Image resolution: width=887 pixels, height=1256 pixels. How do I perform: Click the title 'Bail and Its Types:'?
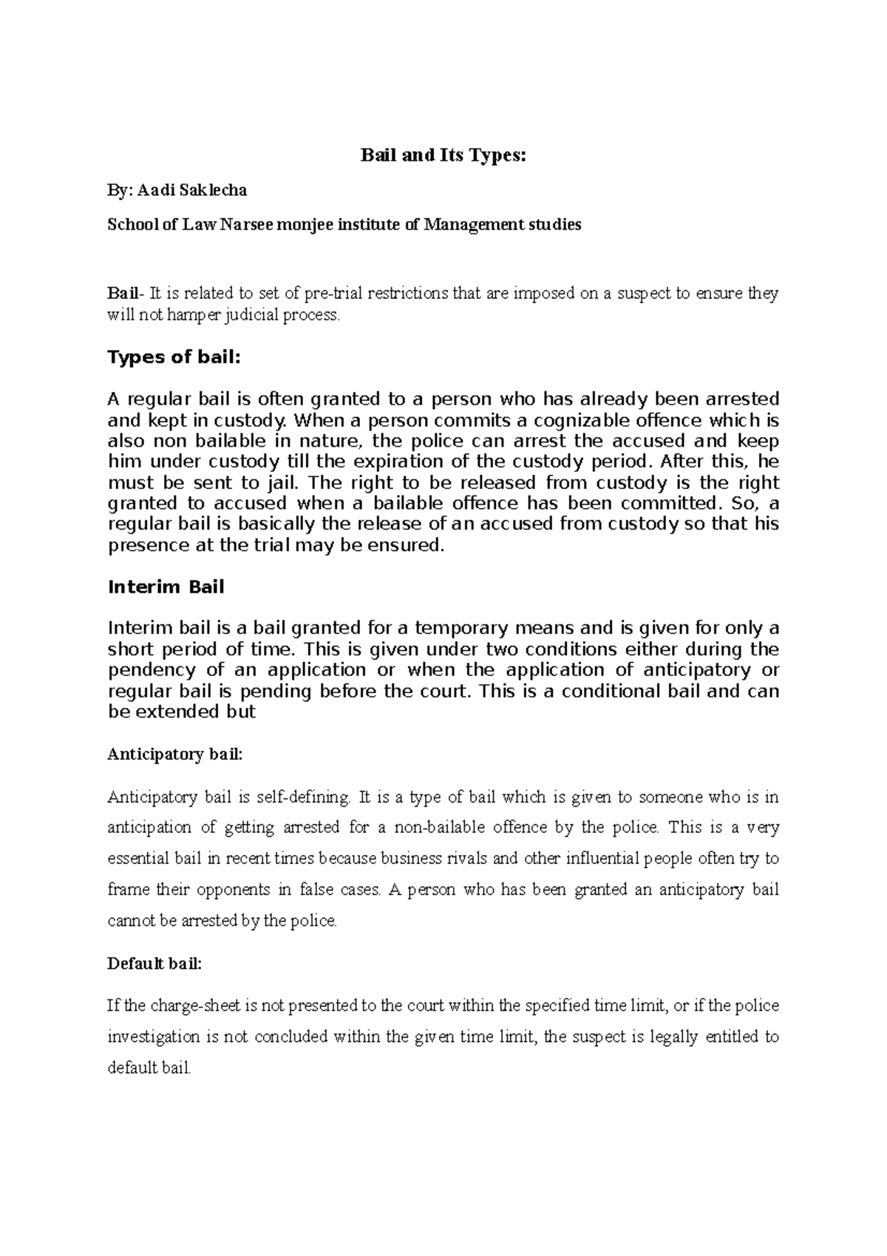(x=443, y=155)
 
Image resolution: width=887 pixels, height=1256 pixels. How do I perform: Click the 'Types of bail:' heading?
(x=174, y=358)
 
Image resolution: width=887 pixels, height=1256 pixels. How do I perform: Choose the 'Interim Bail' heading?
(x=166, y=587)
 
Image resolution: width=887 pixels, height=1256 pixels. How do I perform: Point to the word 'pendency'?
(x=152, y=670)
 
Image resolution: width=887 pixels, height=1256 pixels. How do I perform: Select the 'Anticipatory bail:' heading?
(x=174, y=755)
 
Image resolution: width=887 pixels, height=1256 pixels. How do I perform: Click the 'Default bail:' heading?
(x=154, y=965)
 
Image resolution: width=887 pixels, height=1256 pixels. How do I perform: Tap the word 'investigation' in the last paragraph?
(x=154, y=1037)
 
